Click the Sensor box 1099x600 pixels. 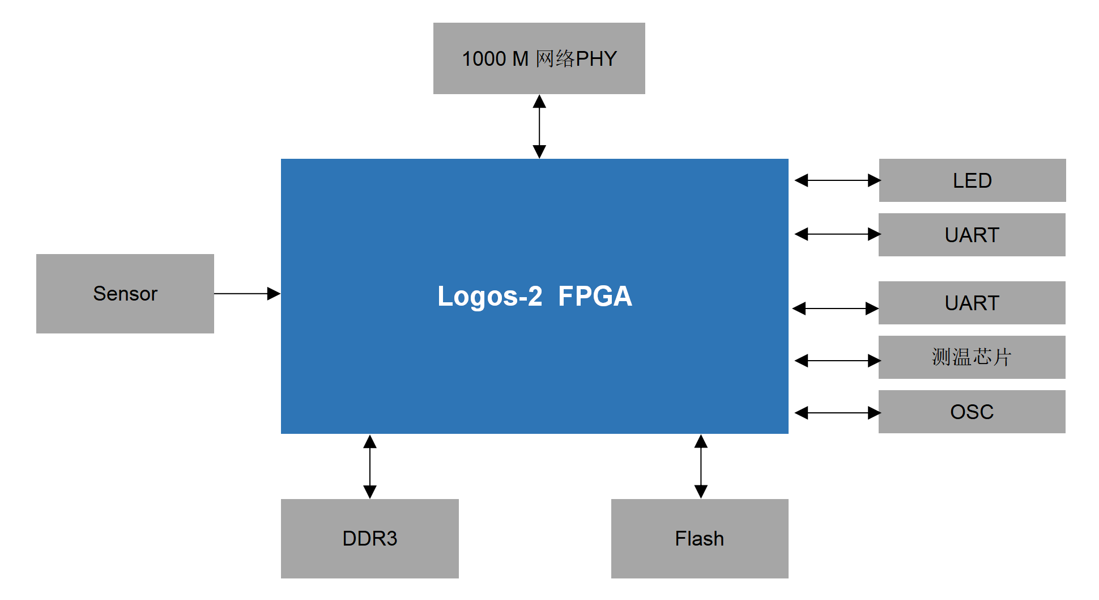click(125, 294)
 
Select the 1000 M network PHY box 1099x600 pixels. click(539, 58)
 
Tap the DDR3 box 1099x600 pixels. click(369, 538)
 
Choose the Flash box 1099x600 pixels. click(700, 538)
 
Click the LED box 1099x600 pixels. click(972, 180)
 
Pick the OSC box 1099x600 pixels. click(972, 412)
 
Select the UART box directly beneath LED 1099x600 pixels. click(972, 235)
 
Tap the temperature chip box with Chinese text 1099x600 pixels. click(972, 357)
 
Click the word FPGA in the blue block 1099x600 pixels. click(595, 296)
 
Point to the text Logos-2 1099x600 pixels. click(490, 296)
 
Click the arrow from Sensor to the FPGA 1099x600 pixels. click(244, 294)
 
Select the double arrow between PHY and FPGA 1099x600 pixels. click(539, 126)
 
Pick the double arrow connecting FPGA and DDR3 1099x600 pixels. click(370, 466)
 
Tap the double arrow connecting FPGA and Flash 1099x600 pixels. click(701, 466)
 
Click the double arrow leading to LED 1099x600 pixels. click(837, 180)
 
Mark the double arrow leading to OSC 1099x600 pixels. click(837, 413)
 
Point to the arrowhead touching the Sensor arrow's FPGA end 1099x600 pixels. click(274, 294)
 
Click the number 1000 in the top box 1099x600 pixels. click(484, 59)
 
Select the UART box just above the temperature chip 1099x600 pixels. click(972, 303)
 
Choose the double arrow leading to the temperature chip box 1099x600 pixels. click(837, 361)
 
